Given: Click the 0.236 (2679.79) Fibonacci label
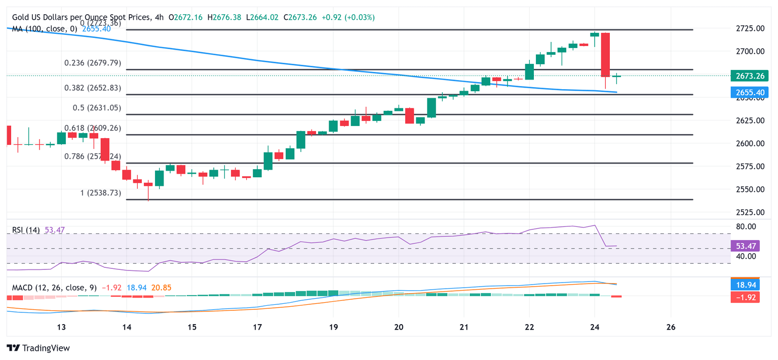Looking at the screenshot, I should point(93,63).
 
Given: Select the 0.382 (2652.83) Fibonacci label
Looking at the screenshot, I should point(93,88).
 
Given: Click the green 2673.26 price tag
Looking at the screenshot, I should point(749,76).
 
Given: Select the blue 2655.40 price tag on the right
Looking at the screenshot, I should point(749,92).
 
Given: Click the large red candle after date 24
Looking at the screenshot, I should point(605,55).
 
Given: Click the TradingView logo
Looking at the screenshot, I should point(38,348).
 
